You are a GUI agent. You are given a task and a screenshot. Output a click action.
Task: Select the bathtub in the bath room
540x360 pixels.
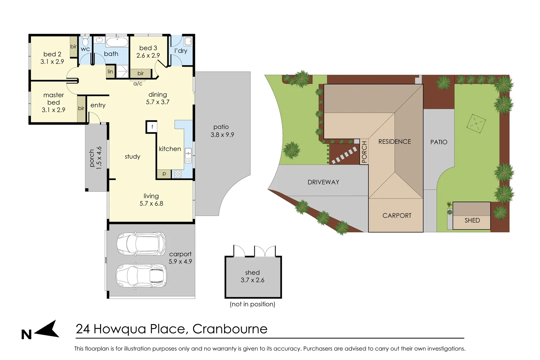pyautogui.click(x=117, y=43)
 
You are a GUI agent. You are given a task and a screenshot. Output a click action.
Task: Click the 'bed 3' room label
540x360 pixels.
pyautogui.click(x=148, y=48)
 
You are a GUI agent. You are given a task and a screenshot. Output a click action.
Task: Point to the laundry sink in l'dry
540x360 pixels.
pyautogui.click(x=188, y=42)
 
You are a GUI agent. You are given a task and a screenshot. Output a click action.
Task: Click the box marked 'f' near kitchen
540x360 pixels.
pyautogui.click(x=152, y=127)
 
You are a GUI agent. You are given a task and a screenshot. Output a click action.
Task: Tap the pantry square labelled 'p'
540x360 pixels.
pyautogui.click(x=164, y=174)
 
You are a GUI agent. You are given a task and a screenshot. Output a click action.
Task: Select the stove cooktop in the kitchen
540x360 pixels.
pyautogui.click(x=178, y=174)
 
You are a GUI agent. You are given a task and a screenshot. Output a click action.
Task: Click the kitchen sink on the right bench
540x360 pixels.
pyautogui.click(x=188, y=155)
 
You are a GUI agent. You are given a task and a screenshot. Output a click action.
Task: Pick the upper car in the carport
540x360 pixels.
pyautogui.click(x=141, y=244)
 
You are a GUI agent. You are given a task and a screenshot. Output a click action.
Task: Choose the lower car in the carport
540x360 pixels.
pyautogui.click(x=141, y=276)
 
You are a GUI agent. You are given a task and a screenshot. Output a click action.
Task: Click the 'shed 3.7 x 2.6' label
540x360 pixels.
pyautogui.click(x=252, y=276)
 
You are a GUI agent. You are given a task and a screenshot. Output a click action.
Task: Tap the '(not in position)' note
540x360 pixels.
pyautogui.click(x=252, y=304)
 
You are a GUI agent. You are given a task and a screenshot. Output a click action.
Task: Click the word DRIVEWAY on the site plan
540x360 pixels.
pyautogui.click(x=323, y=182)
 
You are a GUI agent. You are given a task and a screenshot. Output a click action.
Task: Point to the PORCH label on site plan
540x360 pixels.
pyautogui.click(x=364, y=152)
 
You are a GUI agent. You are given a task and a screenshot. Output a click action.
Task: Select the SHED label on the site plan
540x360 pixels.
pyautogui.click(x=472, y=220)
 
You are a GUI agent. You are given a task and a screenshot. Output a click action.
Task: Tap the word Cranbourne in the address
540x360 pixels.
pyautogui.click(x=230, y=329)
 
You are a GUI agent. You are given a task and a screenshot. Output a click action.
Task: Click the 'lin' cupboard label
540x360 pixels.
pyautogui.click(x=110, y=72)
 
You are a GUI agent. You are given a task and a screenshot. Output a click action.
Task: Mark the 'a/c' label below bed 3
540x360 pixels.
pyautogui.click(x=138, y=84)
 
